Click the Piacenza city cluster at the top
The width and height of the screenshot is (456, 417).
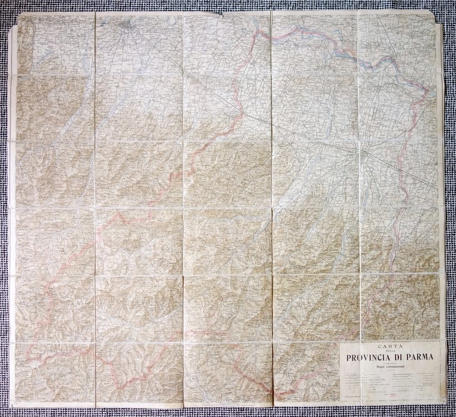[124, 24]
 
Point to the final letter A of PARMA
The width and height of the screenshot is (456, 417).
[431, 358]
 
